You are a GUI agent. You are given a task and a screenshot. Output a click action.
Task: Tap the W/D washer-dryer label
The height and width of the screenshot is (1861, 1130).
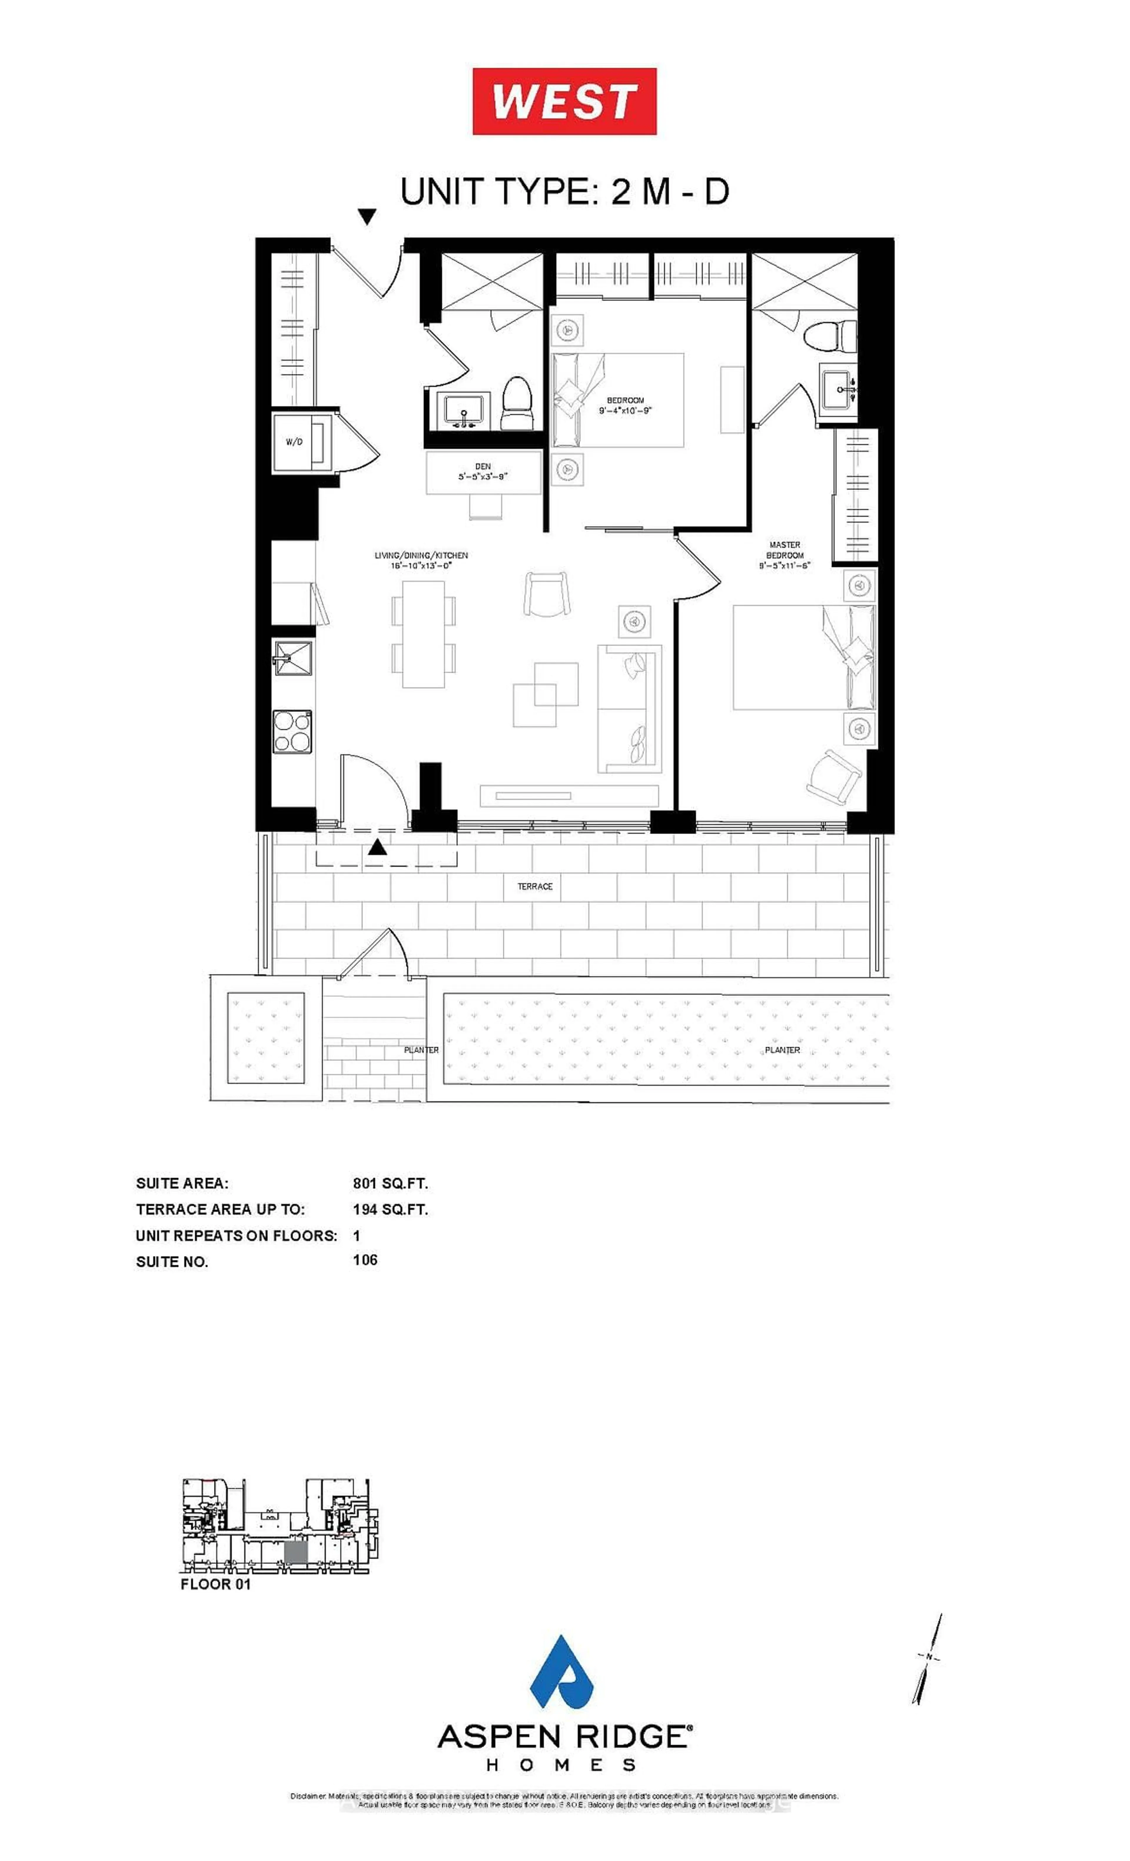[294, 442]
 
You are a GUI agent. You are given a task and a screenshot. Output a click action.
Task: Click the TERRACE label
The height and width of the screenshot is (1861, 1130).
[535, 886]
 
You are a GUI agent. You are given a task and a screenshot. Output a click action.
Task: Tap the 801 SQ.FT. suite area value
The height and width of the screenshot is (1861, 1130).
[390, 1183]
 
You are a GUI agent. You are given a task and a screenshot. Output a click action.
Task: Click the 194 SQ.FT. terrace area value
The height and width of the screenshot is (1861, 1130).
[390, 1209]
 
